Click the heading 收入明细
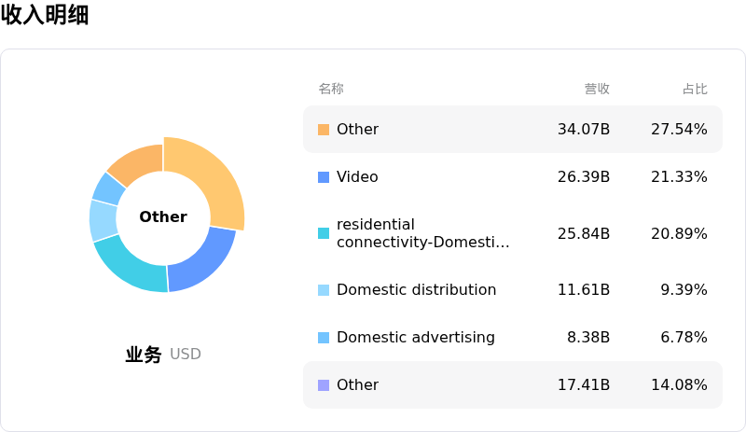(45, 15)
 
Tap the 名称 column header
(331, 89)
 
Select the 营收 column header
(597, 89)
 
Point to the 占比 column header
(695, 89)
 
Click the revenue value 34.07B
(584, 129)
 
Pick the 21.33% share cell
(679, 176)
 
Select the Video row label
(357, 176)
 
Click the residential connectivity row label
(422, 233)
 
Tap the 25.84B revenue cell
(584, 233)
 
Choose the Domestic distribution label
(416, 289)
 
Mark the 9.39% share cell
(684, 289)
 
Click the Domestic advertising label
(415, 337)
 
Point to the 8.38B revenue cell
(588, 337)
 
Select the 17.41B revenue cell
(584, 384)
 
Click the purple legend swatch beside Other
(324, 385)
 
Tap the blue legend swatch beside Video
(324, 177)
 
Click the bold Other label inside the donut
(163, 216)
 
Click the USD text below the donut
(186, 355)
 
